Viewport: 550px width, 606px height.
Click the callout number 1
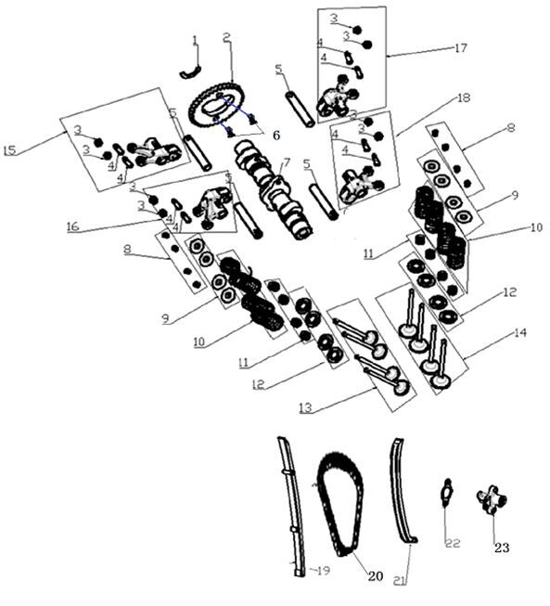(195, 40)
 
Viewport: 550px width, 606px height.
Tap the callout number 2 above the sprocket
(226, 37)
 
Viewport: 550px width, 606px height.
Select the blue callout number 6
(275, 135)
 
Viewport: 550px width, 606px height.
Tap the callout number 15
(10, 150)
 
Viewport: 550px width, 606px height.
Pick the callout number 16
(71, 225)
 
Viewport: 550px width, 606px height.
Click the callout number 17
(461, 48)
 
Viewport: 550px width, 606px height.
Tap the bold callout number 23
(502, 548)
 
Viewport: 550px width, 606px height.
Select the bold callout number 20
(375, 576)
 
